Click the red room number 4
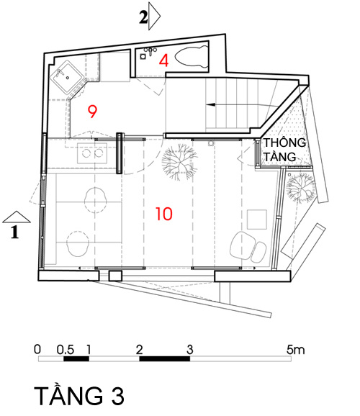(164, 60)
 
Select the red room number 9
(92, 112)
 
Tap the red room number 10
(164, 214)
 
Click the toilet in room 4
(192, 58)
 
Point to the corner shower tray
(68, 77)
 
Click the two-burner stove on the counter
(92, 153)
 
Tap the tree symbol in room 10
(179, 162)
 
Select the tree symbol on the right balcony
(301, 188)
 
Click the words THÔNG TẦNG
(284, 150)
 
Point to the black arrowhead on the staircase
(211, 104)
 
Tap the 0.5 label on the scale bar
(66, 351)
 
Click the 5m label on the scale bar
(295, 351)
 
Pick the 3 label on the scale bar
(189, 351)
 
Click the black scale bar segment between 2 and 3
(165, 358)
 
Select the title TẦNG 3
(79, 396)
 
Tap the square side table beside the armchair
(257, 220)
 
